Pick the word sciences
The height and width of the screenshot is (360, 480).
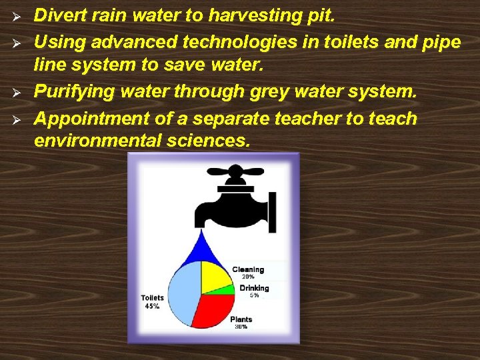[x=209, y=141]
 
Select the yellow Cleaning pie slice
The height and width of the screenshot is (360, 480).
[x=215, y=276]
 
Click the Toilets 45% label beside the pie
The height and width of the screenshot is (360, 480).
[x=152, y=302]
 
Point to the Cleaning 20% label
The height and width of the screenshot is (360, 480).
[x=248, y=273]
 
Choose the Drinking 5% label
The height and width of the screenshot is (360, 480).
[x=254, y=291]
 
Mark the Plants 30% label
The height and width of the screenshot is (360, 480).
[x=241, y=323]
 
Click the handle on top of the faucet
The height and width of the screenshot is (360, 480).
[x=234, y=172]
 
